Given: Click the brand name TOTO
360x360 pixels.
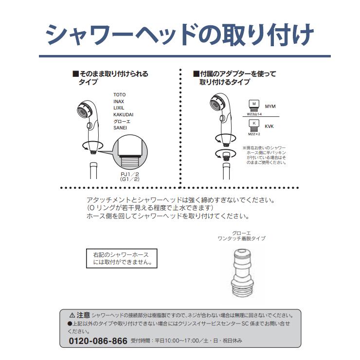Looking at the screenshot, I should pyautogui.click(x=120, y=94).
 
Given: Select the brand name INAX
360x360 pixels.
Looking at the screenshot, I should pyautogui.click(x=119, y=101).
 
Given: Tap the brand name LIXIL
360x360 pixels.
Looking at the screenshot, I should pyautogui.click(x=119, y=108).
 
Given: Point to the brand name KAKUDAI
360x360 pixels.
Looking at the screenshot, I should pyautogui.click(x=123, y=115).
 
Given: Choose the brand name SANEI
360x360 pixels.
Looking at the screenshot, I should pyautogui.click(x=120, y=128).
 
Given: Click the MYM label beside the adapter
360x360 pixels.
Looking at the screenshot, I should pyautogui.click(x=270, y=106).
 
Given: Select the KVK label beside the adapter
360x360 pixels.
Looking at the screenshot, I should pyautogui.click(x=269, y=126).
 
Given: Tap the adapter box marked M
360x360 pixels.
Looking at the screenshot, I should pyautogui.click(x=253, y=105).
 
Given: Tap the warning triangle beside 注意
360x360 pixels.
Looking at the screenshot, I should pyautogui.click(x=72, y=315).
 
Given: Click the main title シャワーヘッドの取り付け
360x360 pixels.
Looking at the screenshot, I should pyautogui.click(x=180, y=35).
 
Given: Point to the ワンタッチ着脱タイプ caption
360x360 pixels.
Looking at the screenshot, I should pyautogui.click(x=241, y=238).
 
